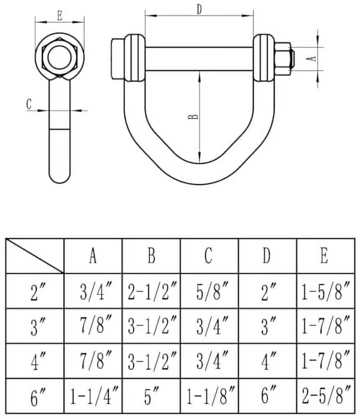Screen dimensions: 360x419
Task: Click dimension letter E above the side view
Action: click(59, 16)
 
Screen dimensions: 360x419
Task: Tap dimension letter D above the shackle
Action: click(199, 10)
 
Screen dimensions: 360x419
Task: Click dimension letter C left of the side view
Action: click(29, 104)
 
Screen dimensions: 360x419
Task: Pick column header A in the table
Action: click(93, 256)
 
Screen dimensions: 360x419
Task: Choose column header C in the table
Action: click(208, 256)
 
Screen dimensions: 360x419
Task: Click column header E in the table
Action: click(324, 256)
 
